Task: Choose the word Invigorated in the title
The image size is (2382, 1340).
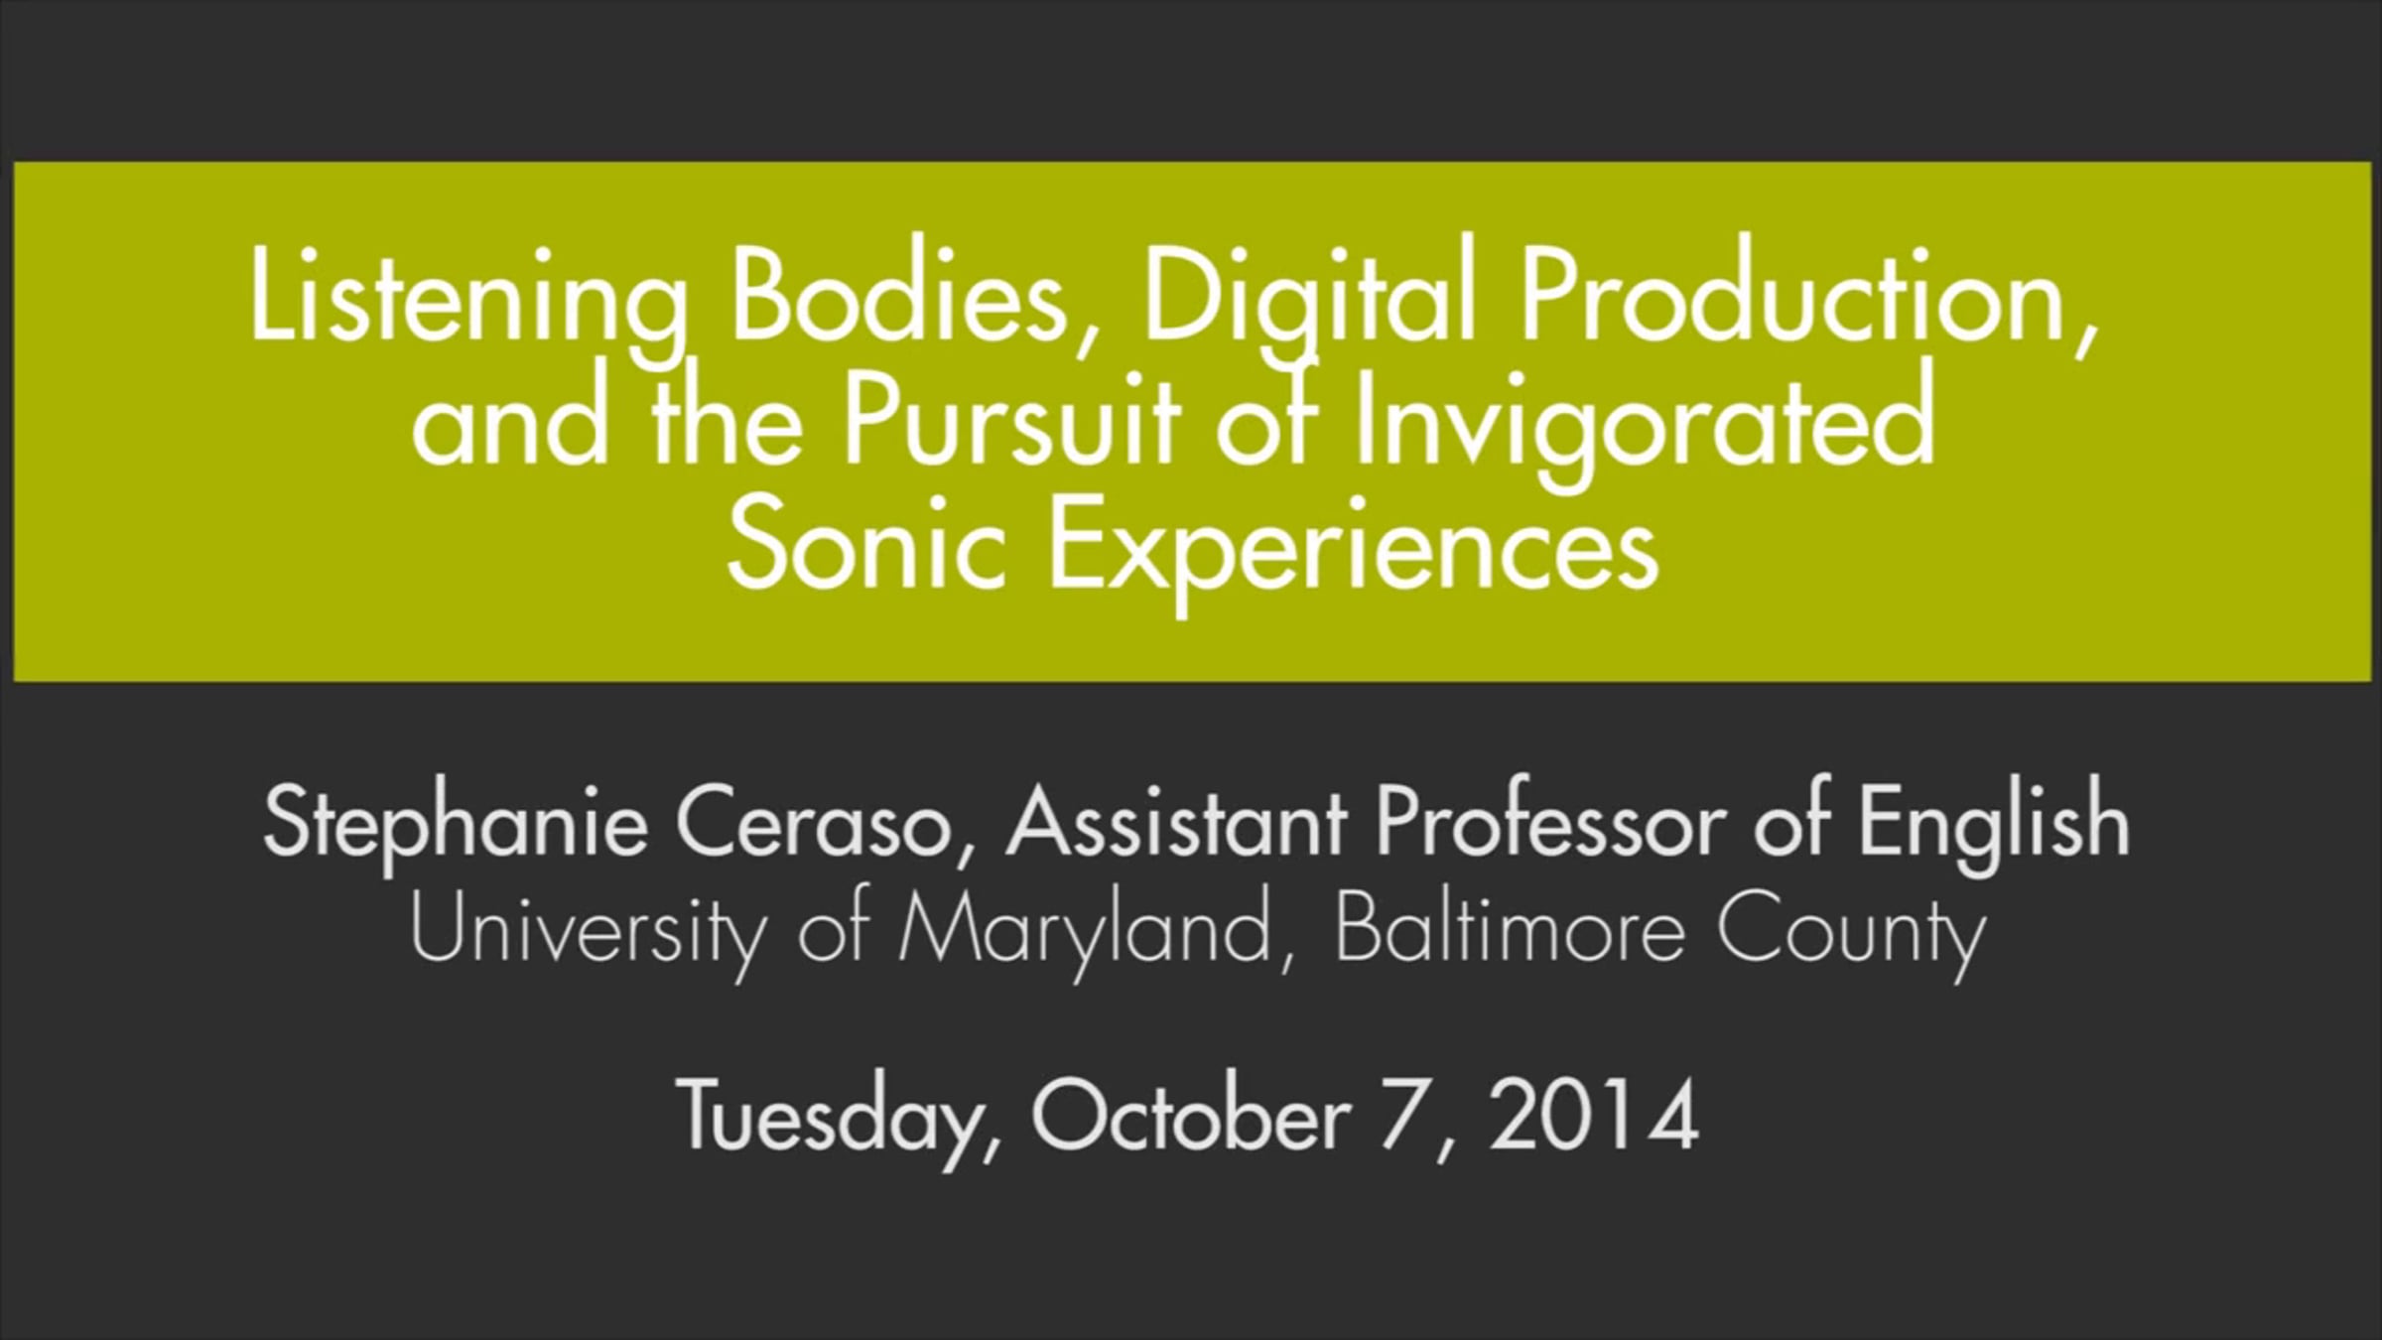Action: (1643, 427)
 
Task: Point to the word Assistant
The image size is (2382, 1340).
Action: (1176, 822)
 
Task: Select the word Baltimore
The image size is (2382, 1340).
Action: (1509, 929)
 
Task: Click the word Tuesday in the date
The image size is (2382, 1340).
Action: (838, 1118)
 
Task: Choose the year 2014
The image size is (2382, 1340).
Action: (1592, 1114)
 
